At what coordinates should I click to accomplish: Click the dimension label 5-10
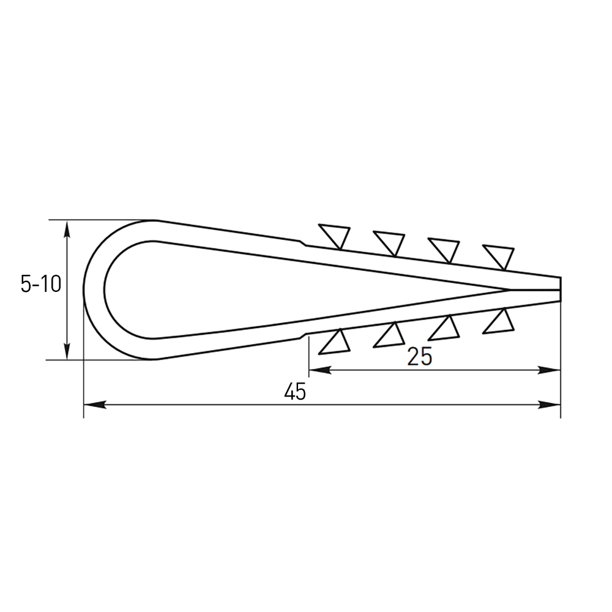(x=41, y=284)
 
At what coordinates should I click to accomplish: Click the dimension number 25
(x=420, y=356)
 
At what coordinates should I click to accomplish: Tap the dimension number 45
(x=295, y=392)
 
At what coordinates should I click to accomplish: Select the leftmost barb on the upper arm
(x=335, y=234)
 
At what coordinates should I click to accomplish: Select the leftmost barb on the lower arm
(x=335, y=343)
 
